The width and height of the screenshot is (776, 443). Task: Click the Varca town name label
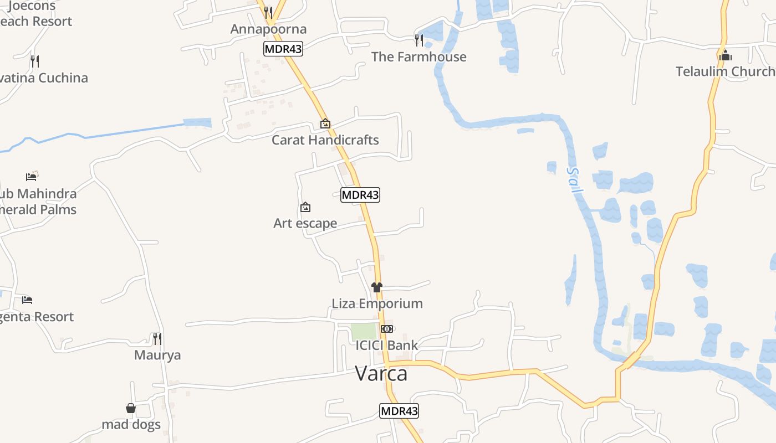tap(381, 374)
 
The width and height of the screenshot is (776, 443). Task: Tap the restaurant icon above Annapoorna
tap(268, 12)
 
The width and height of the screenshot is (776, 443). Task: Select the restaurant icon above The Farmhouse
tap(419, 40)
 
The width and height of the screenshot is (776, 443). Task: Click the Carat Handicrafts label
tap(325, 140)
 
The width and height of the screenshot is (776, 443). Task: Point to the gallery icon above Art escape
tap(305, 208)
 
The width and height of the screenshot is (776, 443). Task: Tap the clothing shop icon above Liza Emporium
tap(377, 287)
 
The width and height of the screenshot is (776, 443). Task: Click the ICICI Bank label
tap(387, 346)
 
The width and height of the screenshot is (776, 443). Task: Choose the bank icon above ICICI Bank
tap(387, 329)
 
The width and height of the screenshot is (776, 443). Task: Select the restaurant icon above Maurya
tap(157, 338)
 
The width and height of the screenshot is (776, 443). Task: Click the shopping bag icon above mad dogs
tap(131, 408)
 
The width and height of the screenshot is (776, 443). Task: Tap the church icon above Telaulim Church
tap(725, 55)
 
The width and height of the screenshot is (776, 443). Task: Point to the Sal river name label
tap(575, 181)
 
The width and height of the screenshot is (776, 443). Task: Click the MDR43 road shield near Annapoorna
tap(283, 49)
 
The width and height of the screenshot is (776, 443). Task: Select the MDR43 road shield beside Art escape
tap(360, 195)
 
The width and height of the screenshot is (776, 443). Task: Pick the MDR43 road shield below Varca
tap(399, 411)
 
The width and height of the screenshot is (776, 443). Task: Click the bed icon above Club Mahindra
tap(31, 177)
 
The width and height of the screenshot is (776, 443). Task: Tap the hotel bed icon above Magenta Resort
tap(27, 300)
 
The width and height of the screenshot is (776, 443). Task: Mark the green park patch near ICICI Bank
tap(364, 332)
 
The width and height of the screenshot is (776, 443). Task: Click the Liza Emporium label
tap(377, 303)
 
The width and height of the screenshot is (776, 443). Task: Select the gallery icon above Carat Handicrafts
tap(325, 123)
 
